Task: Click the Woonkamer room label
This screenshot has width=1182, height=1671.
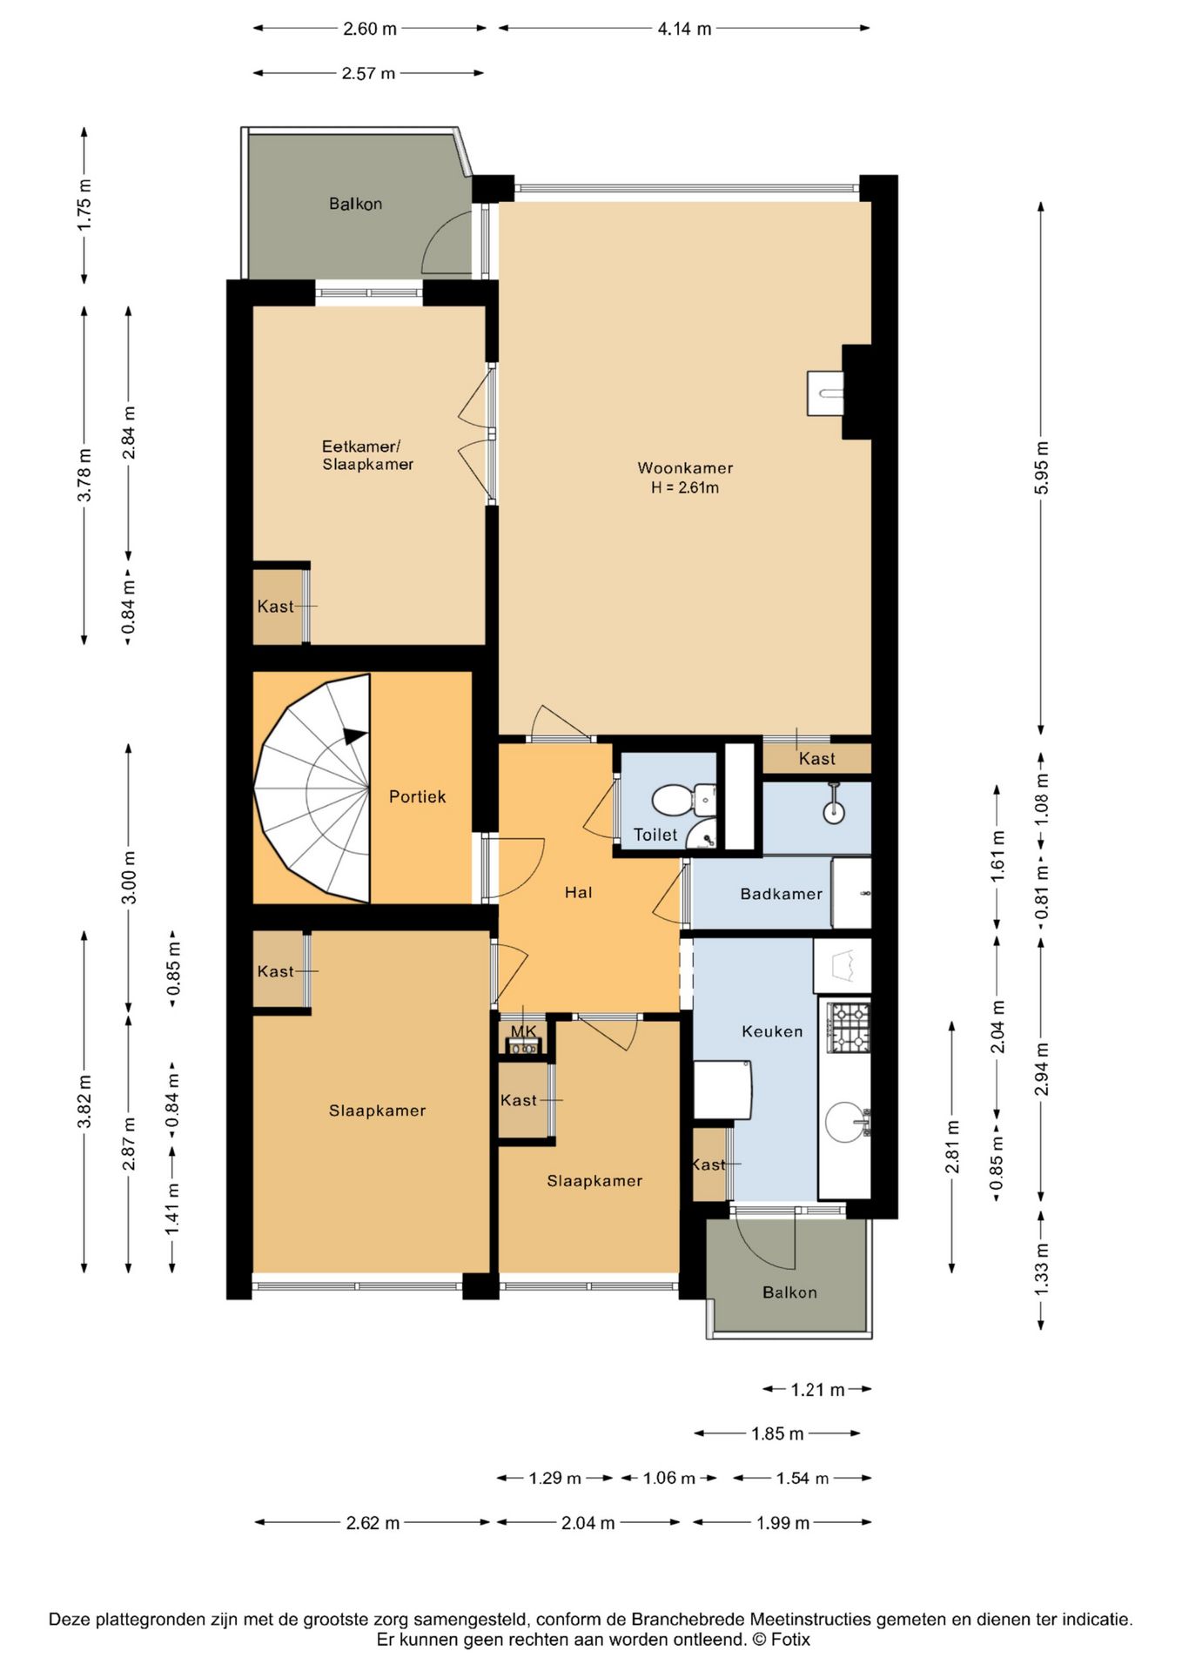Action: point(685,467)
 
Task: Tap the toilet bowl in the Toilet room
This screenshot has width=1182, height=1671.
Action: point(676,797)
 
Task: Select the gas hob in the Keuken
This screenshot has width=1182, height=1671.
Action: point(848,1027)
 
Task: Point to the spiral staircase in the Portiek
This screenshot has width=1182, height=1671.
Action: point(313,788)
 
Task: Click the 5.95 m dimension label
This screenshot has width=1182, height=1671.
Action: point(1041,467)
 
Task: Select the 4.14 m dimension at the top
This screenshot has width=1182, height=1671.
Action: point(684,29)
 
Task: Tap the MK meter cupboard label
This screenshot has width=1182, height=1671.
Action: point(524,1031)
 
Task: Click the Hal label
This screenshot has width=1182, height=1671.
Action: point(579,892)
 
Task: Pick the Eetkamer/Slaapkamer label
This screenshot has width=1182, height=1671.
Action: point(367,455)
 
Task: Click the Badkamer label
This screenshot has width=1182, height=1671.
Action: point(781,894)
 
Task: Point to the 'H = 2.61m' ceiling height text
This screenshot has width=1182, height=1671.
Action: point(685,487)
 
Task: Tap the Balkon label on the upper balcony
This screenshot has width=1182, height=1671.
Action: point(355,204)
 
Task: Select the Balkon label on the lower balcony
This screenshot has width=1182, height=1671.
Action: point(789,1292)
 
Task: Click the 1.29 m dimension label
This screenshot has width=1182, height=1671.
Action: point(555,1478)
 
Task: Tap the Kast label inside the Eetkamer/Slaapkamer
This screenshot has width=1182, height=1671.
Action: point(275,607)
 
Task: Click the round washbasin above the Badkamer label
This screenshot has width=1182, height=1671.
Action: point(834,811)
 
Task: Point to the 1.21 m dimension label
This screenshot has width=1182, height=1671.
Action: point(817,1390)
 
